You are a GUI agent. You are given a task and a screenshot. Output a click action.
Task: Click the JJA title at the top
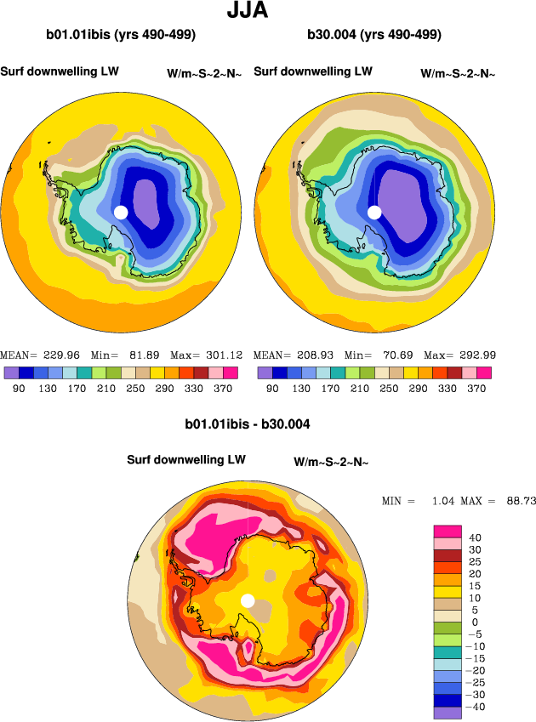(249, 11)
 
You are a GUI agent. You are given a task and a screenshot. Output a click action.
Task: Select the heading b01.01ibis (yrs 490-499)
(121, 35)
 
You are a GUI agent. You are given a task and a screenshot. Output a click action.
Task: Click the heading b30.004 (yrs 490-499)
(373, 35)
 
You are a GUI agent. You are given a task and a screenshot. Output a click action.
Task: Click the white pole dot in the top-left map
(121, 212)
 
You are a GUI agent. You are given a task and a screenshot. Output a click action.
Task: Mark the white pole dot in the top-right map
(373, 212)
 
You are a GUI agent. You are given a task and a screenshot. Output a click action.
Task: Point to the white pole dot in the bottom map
(248, 600)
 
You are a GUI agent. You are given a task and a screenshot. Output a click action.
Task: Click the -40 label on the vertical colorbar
(478, 707)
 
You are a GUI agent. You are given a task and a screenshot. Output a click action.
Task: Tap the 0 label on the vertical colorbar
(475, 622)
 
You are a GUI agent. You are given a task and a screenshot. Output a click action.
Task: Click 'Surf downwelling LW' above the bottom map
(186, 459)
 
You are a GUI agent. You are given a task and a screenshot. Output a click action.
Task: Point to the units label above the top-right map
(458, 74)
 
